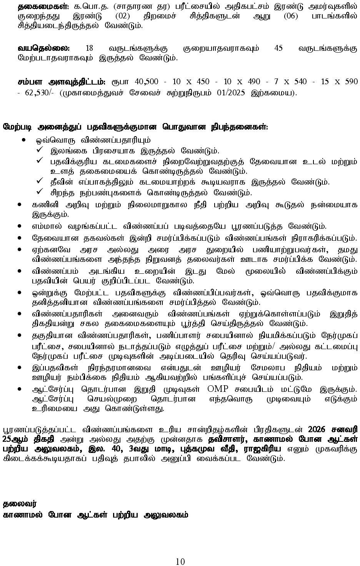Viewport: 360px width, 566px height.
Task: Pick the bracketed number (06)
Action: pyautogui.click(x=251, y=16)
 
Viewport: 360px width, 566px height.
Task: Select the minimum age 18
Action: pyautogui.click(x=89, y=48)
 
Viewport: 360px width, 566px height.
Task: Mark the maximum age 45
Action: pyautogui.click(x=278, y=48)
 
